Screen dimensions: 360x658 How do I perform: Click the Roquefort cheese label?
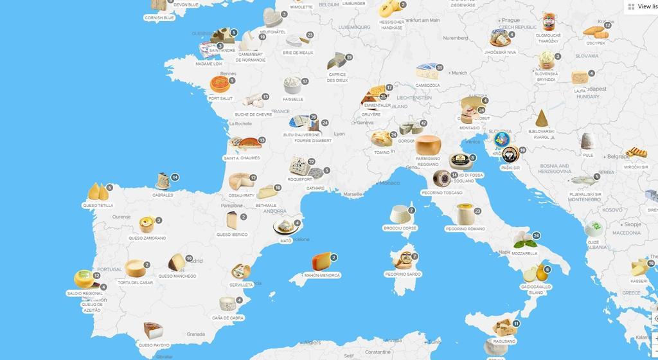pos(300,179)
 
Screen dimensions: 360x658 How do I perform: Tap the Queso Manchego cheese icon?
pos(176,262)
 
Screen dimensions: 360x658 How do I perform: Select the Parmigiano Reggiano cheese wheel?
pos(427,145)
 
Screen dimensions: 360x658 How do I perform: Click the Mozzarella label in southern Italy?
pos(524,253)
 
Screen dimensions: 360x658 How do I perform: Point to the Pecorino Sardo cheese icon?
pos(403,260)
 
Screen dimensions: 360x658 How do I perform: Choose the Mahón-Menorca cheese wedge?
pos(322,262)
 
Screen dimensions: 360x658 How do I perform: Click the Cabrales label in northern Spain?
pos(163,195)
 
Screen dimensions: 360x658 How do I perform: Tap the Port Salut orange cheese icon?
pos(220,85)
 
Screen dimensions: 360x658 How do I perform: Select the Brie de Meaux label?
pos(298,53)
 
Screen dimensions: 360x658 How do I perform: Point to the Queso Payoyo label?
pos(154,345)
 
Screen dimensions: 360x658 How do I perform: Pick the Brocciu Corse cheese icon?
pos(400,215)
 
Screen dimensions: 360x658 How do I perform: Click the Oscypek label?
pos(596,43)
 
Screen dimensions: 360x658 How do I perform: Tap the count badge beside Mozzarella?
pos(536,236)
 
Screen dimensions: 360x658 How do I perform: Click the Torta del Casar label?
pos(136,282)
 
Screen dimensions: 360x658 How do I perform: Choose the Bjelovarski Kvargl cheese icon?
pos(542,118)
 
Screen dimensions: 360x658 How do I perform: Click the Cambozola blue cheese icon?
pos(427,71)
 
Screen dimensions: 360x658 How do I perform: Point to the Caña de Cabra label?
pos(228,318)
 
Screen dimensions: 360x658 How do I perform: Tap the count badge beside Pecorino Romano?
pos(477,211)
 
